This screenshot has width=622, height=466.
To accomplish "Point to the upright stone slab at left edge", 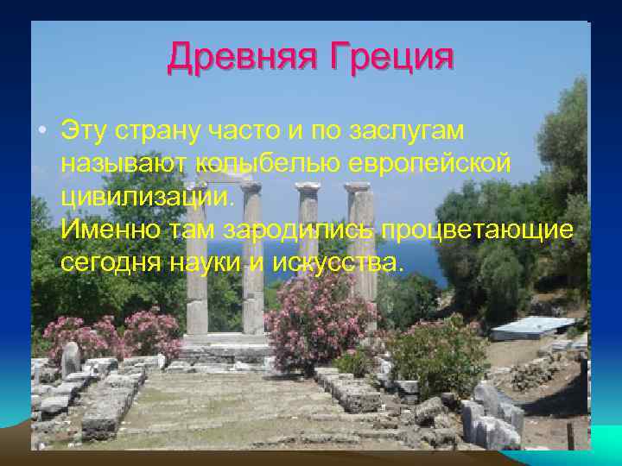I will tap(70, 358).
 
